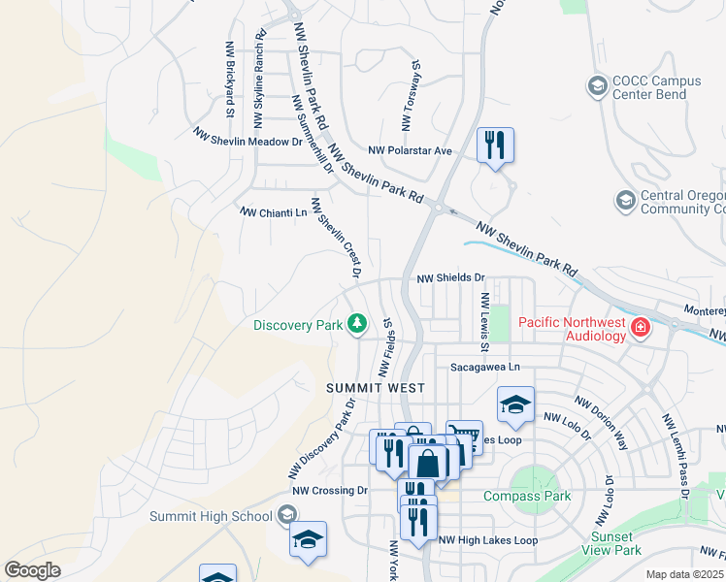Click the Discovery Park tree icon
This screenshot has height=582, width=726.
click(357, 323)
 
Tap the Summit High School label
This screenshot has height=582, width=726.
click(211, 515)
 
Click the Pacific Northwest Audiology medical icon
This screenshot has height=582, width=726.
click(640, 328)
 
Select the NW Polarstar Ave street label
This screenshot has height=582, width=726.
click(411, 150)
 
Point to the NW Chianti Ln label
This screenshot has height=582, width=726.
click(273, 211)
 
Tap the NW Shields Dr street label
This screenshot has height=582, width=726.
click(450, 277)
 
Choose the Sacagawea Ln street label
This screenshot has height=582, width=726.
click(485, 368)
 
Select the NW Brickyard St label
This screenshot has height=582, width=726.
click(229, 92)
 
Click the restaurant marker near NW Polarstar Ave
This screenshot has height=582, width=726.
click(495, 145)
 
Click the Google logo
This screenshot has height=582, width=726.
click(32, 570)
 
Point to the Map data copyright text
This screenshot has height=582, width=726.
click(685, 574)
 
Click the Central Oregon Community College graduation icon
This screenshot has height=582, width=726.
click(625, 201)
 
